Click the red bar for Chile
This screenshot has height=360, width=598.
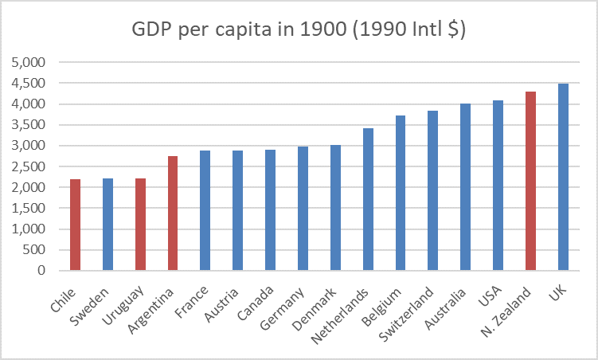tap(75, 225)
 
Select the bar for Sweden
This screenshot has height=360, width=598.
tap(107, 225)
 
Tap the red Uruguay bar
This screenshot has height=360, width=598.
tap(140, 225)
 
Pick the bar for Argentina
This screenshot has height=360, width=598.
tap(173, 213)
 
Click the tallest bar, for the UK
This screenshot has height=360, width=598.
tap(564, 177)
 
